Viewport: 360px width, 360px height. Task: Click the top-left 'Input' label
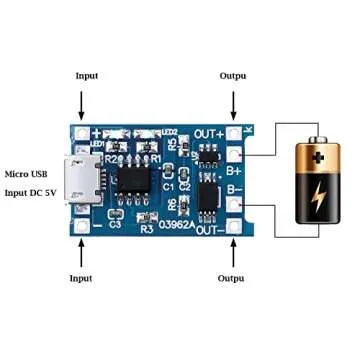pyautogui.click(x=88, y=76)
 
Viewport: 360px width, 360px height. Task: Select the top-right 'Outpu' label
pyautogui.click(x=234, y=76)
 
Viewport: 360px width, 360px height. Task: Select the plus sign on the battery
pyautogui.click(x=314, y=156)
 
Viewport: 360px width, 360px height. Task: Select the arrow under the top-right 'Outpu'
pyautogui.click(x=234, y=103)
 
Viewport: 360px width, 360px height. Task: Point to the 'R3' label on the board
pyautogui.click(x=146, y=228)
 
